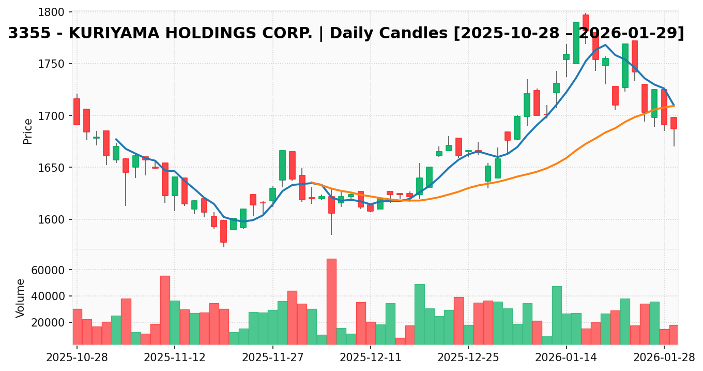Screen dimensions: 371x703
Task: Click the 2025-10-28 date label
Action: pos(77,358)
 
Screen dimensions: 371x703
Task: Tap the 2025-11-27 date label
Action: pos(272,358)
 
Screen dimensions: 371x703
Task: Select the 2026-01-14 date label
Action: pos(566,358)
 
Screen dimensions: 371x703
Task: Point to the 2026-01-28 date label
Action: pos(664,358)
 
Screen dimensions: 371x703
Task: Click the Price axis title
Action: pos(28,131)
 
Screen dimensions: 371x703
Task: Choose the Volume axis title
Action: pos(21,298)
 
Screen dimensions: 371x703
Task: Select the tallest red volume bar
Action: pos(331,301)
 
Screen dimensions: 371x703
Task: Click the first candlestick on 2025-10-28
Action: pos(77,112)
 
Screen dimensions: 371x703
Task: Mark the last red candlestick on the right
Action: pos(674,123)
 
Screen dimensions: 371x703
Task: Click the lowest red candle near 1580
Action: pos(223,231)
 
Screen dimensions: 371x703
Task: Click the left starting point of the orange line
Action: pos(312,182)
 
